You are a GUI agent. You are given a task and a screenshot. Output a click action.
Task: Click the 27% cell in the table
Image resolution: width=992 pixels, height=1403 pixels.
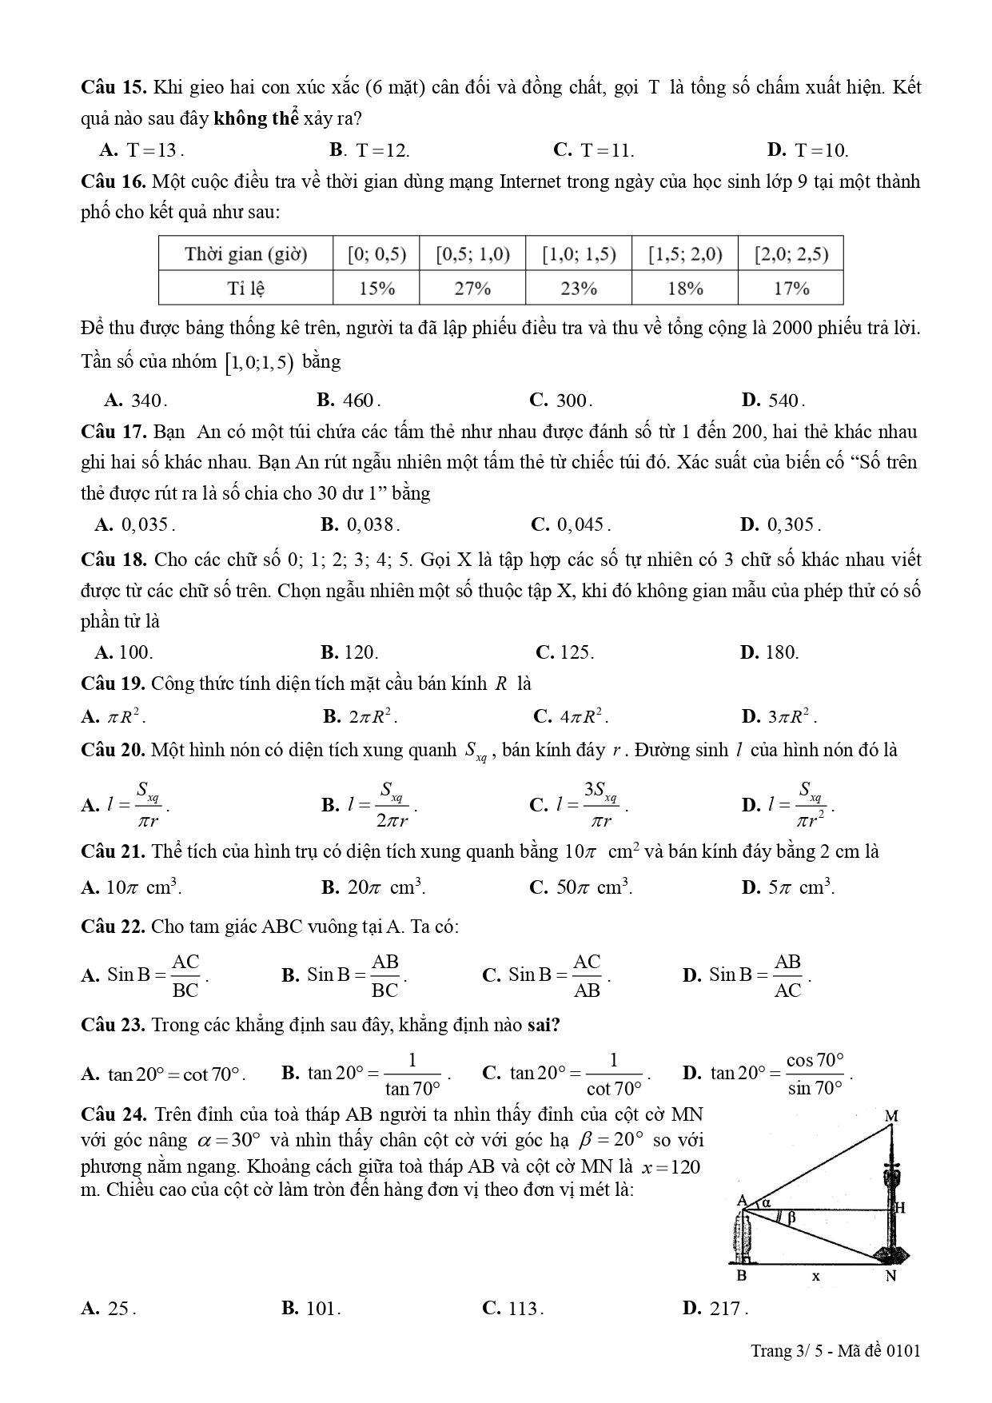pyautogui.click(x=472, y=289)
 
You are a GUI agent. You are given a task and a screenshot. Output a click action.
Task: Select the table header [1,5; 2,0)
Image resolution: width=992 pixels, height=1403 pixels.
pyautogui.click(x=685, y=254)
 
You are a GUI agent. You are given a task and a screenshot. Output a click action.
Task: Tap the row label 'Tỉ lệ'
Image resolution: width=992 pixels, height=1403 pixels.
pyautogui.click(x=245, y=289)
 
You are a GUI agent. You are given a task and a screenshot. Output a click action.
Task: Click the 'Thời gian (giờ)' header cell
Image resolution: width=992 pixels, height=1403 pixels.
pyautogui.click(x=245, y=254)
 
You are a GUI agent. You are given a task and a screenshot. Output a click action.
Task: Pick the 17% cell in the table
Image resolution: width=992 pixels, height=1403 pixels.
pyautogui.click(x=791, y=289)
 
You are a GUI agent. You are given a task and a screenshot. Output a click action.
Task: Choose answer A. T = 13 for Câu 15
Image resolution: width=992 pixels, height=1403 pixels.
pyautogui.click(x=142, y=150)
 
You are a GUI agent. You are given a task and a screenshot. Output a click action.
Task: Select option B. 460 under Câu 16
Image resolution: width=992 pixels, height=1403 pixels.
pyautogui.click(x=349, y=400)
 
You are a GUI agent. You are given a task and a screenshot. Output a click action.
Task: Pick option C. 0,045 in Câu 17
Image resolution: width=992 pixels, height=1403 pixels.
pyautogui.click(x=571, y=524)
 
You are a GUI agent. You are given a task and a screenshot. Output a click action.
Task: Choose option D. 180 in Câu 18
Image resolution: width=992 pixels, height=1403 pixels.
pyautogui.click(x=770, y=652)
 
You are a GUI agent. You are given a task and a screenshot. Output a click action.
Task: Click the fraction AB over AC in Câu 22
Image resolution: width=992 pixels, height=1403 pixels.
pyautogui.click(x=787, y=975)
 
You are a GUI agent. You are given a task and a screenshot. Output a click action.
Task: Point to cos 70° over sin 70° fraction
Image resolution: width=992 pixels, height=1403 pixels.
pyautogui.click(x=815, y=1073)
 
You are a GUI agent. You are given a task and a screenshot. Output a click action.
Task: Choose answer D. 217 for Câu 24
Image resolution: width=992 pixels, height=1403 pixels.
pyautogui.click(x=715, y=1309)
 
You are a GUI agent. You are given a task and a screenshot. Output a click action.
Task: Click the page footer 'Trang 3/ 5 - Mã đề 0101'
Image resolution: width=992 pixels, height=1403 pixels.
pyautogui.click(x=835, y=1351)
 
